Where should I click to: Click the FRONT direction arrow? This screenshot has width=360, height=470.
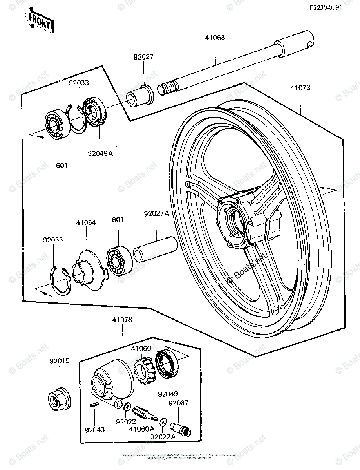tap(40, 22)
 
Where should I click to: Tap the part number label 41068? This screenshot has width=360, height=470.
tap(215, 38)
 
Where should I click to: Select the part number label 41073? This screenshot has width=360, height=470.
tap(300, 88)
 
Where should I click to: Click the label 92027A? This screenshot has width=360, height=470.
tap(156, 214)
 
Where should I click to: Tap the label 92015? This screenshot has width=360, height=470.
tap(60, 361)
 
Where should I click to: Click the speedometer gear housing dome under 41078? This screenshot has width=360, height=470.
tap(112, 380)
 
